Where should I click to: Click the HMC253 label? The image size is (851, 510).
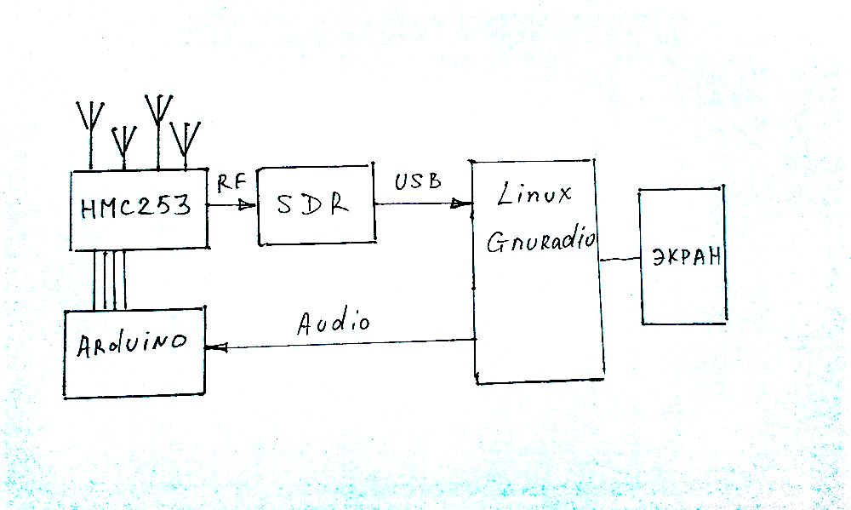(136, 207)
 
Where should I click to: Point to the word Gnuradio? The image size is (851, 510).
(541, 242)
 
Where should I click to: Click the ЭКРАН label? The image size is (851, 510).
(685, 257)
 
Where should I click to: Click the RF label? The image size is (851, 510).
(231, 181)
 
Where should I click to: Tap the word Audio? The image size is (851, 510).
(334, 323)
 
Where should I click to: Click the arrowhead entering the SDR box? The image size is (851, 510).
(248, 204)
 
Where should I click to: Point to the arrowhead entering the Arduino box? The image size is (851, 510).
(216, 347)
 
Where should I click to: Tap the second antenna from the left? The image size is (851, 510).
(124, 141)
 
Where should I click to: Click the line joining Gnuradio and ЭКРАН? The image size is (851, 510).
(619, 260)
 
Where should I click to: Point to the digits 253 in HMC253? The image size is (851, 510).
(166, 207)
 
